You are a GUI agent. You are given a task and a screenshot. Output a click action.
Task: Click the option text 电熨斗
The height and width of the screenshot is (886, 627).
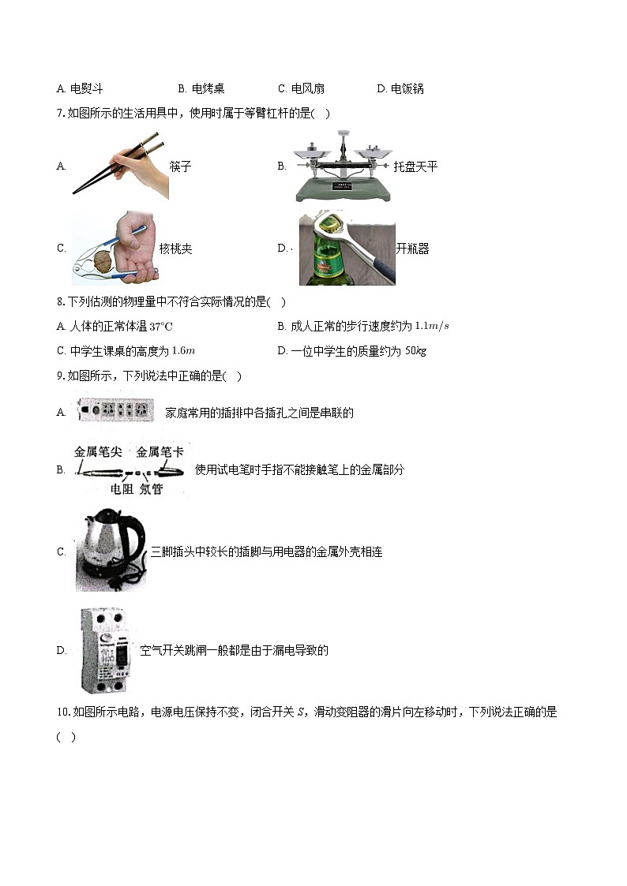tap(87, 89)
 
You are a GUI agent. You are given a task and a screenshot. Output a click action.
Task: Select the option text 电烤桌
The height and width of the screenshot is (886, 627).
tap(208, 89)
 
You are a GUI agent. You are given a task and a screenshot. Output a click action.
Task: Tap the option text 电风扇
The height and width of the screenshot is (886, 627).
tap(308, 89)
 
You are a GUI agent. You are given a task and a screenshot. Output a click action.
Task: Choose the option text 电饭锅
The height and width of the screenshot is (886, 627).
tap(407, 89)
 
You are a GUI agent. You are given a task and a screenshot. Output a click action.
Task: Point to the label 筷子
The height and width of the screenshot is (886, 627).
tap(181, 166)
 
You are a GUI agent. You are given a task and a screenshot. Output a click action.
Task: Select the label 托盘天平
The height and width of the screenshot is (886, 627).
tap(415, 166)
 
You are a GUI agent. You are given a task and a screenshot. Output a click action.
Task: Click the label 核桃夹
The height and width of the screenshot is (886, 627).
tap(175, 249)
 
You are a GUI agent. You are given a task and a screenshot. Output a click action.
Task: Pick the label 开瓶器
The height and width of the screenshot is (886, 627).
tap(412, 249)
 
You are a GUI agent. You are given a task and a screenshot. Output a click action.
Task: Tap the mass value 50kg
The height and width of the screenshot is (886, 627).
tap(415, 351)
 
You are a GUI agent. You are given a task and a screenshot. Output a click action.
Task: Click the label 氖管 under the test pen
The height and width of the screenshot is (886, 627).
tap(151, 489)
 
